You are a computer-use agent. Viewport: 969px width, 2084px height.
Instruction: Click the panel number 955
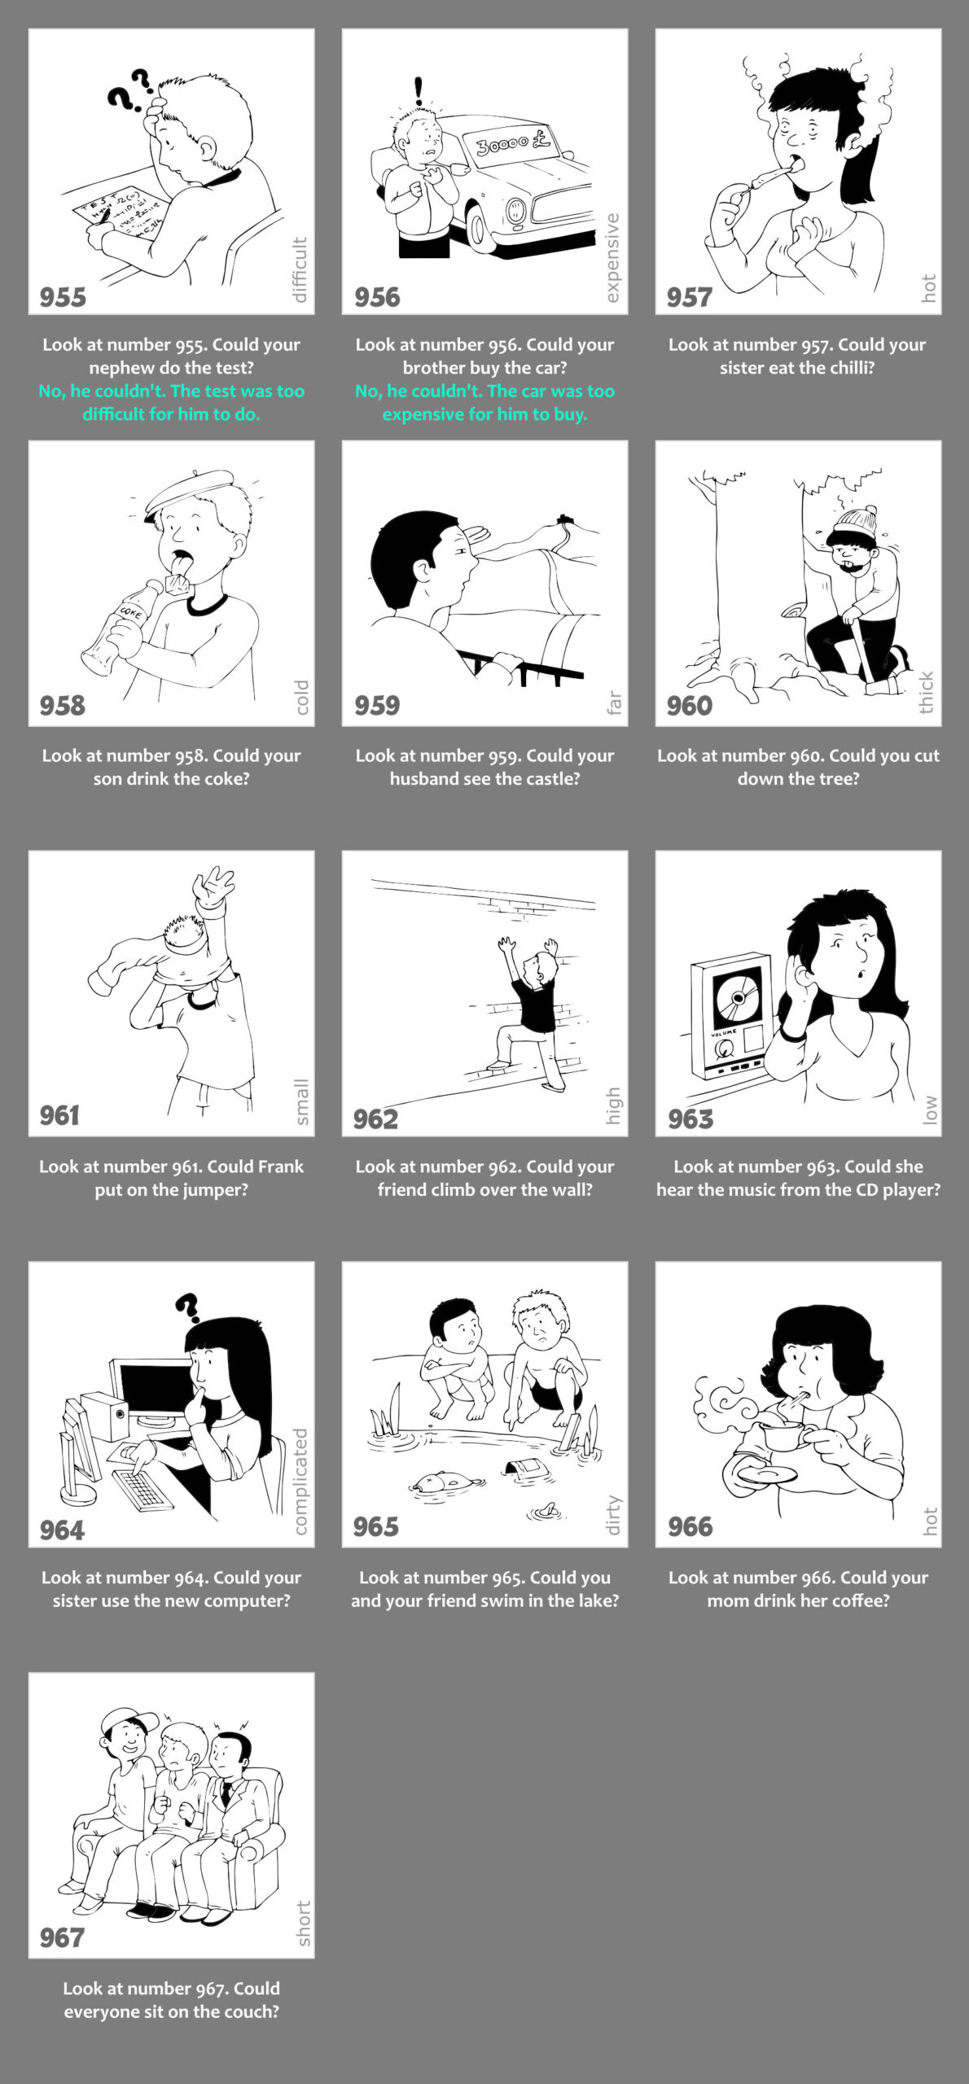tap(63, 297)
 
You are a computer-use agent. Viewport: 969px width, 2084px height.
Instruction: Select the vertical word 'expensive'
tap(613, 258)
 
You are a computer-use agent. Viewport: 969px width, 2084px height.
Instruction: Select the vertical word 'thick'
tap(927, 692)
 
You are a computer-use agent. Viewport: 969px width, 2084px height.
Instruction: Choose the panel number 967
tap(62, 1937)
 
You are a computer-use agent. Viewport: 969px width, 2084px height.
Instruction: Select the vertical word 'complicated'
tap(300, 1481)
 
